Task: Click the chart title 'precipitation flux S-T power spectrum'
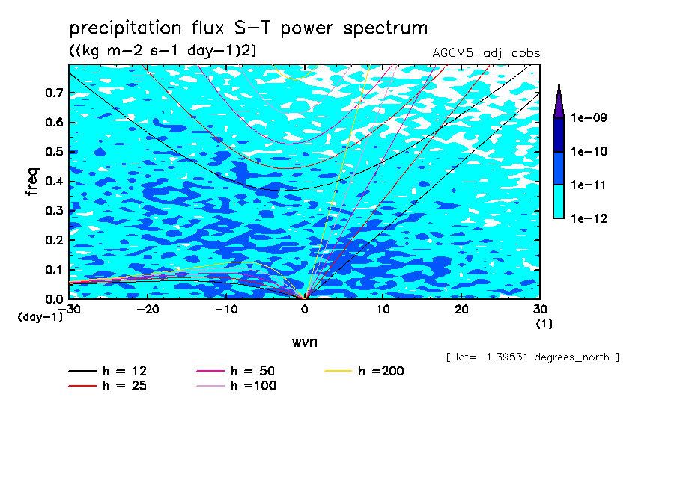pyautogui.click(x=248, y=29)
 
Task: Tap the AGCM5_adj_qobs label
pyautogui.click(x=486, y=53)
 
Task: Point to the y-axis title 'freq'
pyautogui.click(x=32, y=182)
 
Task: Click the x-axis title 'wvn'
pyautogui.click(x=304, y=342)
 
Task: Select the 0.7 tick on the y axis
pyautogui.click(x=52, y=93)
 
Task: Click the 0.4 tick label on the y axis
pyautogui.click(x=52, y=181)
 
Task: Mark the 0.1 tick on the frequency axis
pyautogui.click(x=52, y=269)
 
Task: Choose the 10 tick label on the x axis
pyautogui.click(x=383, y=310)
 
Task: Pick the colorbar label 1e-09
pyautogui.click(x=589, y=118)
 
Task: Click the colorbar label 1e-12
pyautogui.click(x=589, y=219)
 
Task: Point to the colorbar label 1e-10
pyautogui.click(x=589, y=152)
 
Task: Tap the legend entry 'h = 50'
pyautogui.click(x=253, y=371)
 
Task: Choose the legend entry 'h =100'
pyautogui.click(x=253, y=386)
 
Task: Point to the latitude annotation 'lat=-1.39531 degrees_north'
pyautogui.click(x=532, y=357)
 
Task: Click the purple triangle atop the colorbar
pyautogui.click(x=559, y=101)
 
